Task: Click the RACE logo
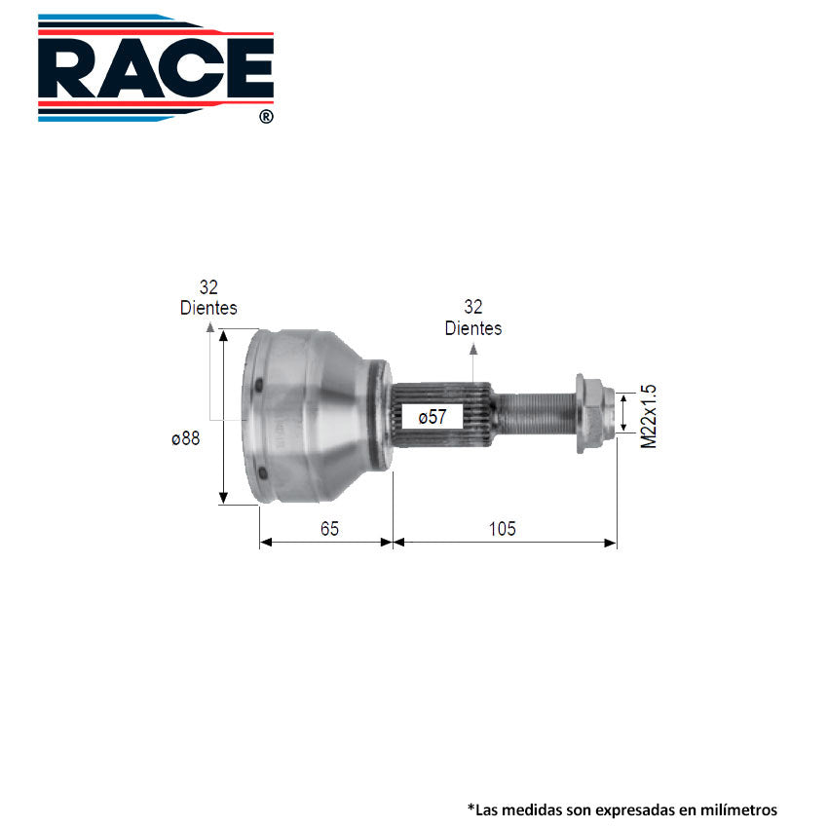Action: click(x=156, y=68)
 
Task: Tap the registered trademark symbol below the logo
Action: click(x=266, y=116)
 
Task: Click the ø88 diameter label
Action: click(x=186, y=438)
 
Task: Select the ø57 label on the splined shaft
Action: click(x=433, y=417)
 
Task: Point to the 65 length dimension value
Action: click(x=329, y=529)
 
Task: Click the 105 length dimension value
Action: click(x=503, y=529)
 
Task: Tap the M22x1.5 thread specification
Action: click(x=648, y=416)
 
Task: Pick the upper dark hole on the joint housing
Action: click(x=258, y=386)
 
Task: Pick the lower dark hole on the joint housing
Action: click(x=262, y=473)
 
